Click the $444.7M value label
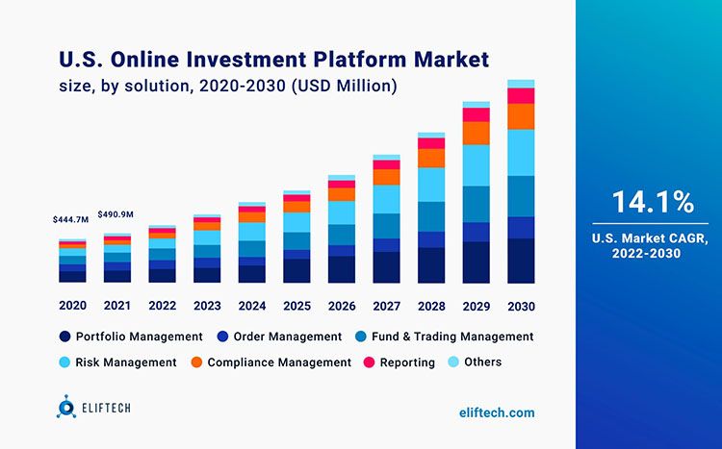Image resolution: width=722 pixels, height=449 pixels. coord(70,220)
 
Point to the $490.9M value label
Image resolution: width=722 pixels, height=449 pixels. coord(116,214)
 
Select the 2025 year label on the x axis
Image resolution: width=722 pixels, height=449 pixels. coord(297,306)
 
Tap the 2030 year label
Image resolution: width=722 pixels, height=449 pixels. coord(521,307)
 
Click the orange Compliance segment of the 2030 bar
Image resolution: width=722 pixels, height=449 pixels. coord(521,116)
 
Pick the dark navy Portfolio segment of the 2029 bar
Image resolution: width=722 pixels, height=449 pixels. coord(477,262)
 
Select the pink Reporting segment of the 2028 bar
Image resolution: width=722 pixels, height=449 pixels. coord(431,143)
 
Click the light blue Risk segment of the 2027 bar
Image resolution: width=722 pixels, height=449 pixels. coord(387,199)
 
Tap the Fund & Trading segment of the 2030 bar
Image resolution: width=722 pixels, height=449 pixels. coord(521,196)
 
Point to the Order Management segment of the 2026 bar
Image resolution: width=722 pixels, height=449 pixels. coord(342,251)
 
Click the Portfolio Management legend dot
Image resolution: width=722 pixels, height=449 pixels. coord(64,337)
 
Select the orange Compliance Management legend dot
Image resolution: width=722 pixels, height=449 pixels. coord(196,362)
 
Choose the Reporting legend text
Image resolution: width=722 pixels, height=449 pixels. coord(407,362)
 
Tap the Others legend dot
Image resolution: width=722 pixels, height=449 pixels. coord(453,362)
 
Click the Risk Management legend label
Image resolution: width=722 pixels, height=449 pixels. coord(126,362)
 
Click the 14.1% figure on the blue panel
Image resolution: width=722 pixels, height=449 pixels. coord(653,202)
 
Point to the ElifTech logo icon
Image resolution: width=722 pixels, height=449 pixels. coord(66,407)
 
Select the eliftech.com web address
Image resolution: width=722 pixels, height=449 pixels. coord(497,412)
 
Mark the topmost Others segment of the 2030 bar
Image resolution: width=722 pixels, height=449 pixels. coord(521,84)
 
